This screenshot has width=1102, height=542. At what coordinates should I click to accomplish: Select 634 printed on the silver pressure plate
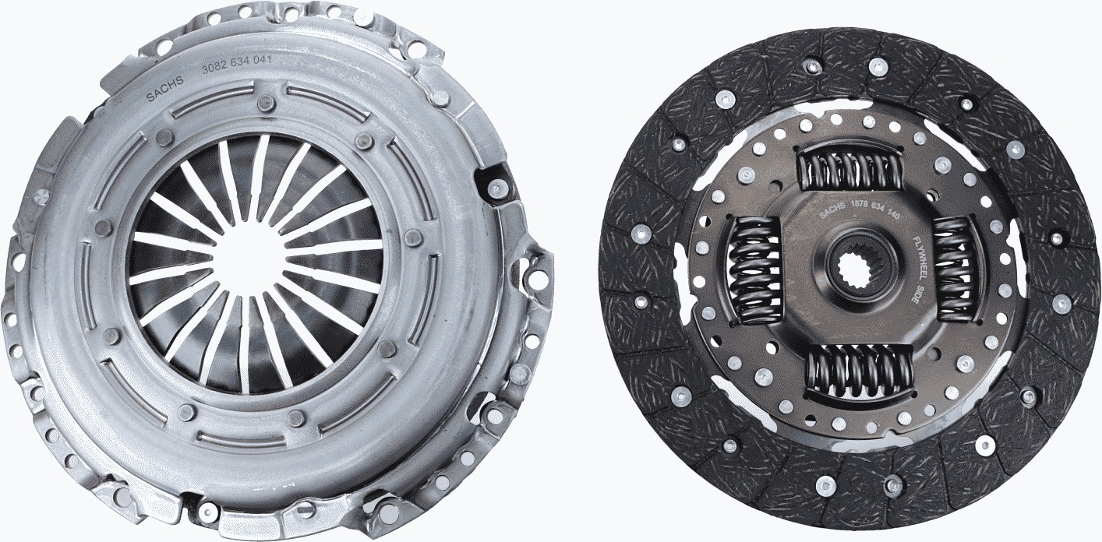click(238, 64)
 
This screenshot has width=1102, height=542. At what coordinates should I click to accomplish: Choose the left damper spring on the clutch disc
click(754, 269)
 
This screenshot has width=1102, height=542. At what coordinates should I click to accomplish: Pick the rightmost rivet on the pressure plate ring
click(414, 238)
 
